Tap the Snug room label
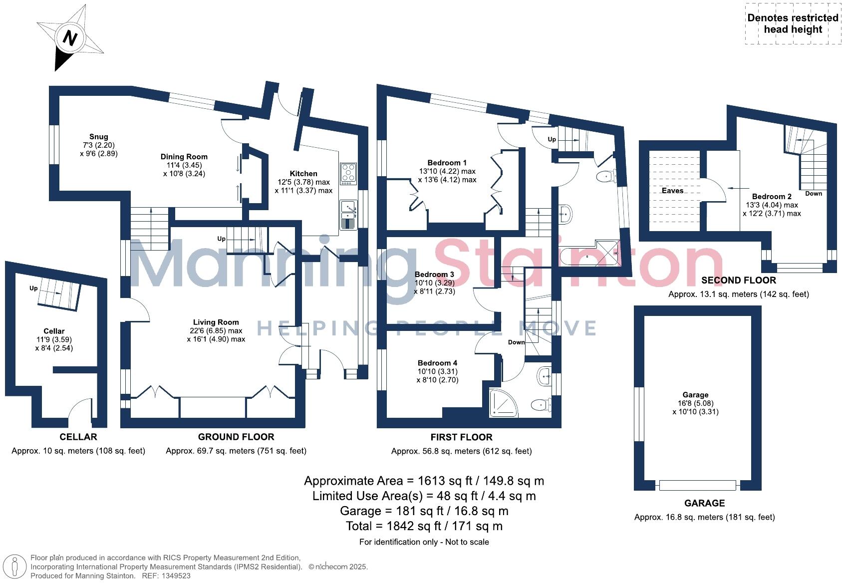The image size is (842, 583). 98,137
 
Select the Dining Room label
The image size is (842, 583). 184,157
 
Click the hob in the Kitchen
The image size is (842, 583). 348,173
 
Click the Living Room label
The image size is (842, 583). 216,322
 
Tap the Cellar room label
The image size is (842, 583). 54,331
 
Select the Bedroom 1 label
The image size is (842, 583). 447,163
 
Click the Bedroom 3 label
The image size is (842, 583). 434,275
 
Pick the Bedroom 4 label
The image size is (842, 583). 437,363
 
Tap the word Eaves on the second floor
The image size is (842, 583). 672,191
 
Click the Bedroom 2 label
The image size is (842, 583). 771,197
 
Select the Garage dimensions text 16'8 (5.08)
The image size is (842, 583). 695,403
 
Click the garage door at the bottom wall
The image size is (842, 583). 697,485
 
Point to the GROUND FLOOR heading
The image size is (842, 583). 236,437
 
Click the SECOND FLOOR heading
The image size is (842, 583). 738,281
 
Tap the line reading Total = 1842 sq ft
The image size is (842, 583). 424,526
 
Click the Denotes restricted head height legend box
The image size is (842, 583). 792,23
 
